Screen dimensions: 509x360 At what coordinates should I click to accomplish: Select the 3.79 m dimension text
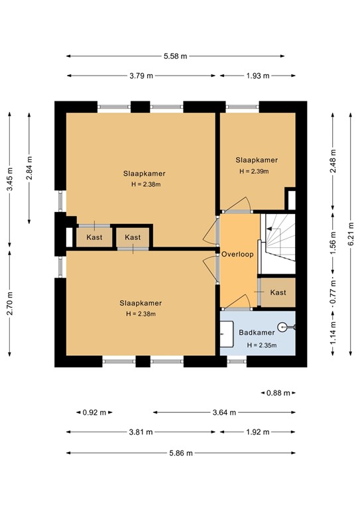141,76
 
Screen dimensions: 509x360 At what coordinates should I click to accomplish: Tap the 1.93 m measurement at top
257,76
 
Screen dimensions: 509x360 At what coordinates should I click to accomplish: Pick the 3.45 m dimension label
10,178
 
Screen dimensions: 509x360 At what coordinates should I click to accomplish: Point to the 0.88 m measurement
278,392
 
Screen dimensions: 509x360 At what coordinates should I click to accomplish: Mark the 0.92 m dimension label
94,412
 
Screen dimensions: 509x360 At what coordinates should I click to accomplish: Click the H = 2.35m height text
261,345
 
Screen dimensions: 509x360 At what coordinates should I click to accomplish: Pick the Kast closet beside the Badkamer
278,292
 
